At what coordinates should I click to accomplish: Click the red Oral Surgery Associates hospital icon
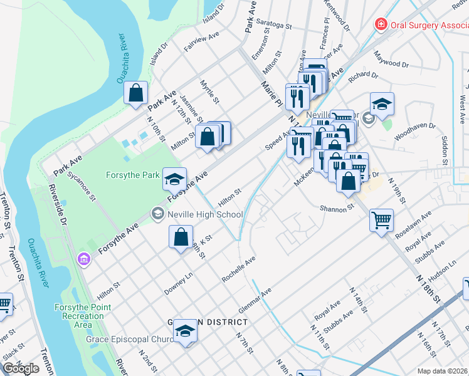(381, 24)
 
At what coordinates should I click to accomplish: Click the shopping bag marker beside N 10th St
(135, 94)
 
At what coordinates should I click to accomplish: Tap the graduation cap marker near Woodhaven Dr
(382, 104)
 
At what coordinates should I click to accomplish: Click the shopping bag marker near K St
(181, 237)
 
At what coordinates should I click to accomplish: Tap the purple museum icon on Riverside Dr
(83, 259)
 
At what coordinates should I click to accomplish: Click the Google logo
(21, 368)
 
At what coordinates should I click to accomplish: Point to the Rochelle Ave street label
(240, 268)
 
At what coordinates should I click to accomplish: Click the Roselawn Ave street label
(418, 223)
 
